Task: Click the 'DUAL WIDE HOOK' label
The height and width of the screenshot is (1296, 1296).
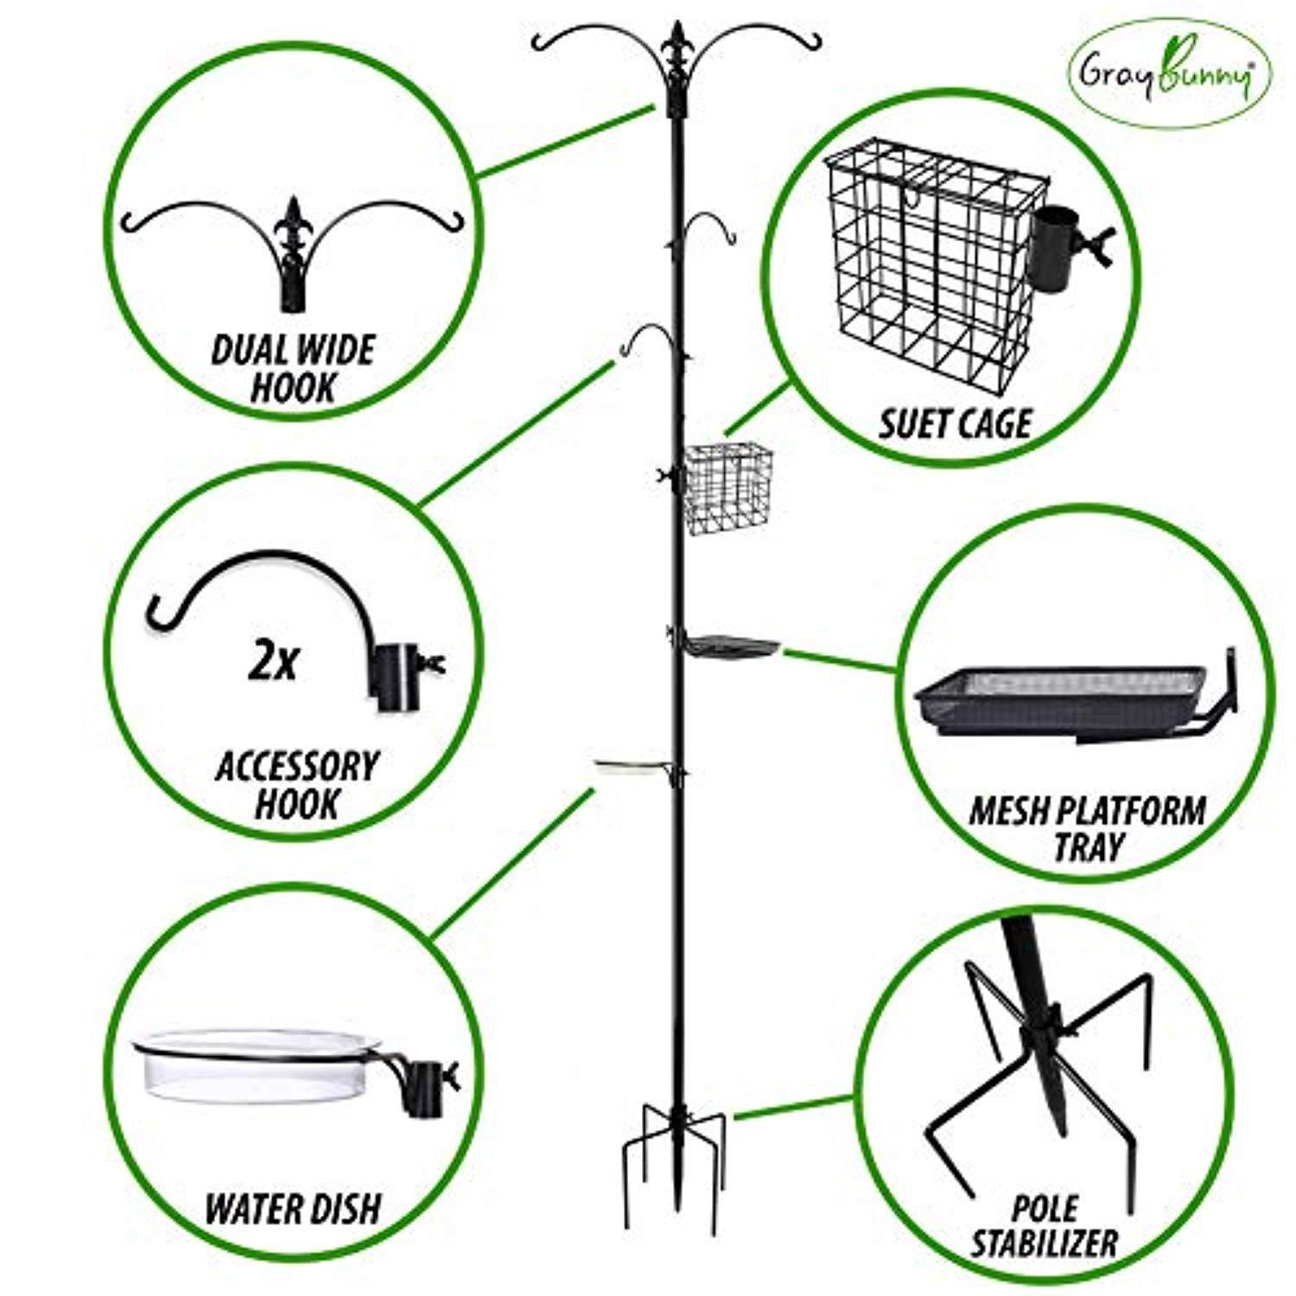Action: (293, 369)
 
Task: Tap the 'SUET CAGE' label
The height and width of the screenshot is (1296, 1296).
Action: (956, 423)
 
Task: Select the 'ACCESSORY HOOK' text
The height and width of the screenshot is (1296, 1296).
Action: (296, 785)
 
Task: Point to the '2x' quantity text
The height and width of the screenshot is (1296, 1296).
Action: (272, 664)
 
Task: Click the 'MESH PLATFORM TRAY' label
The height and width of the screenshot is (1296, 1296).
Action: (1087, 829)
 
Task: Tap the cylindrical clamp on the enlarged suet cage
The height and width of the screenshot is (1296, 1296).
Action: (1054, 251)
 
